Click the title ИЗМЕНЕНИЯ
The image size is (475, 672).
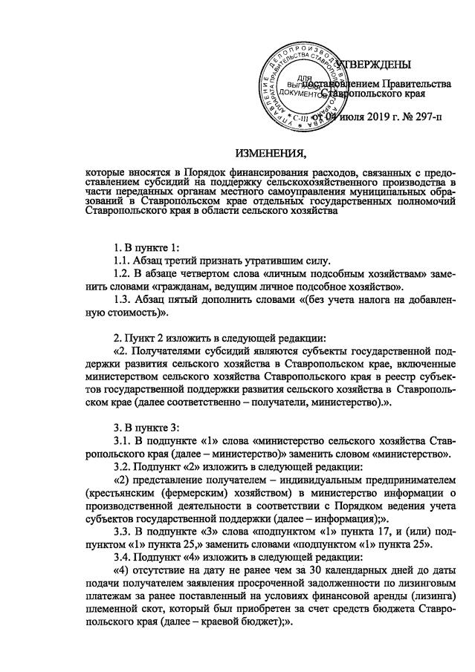click(271, 154)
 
